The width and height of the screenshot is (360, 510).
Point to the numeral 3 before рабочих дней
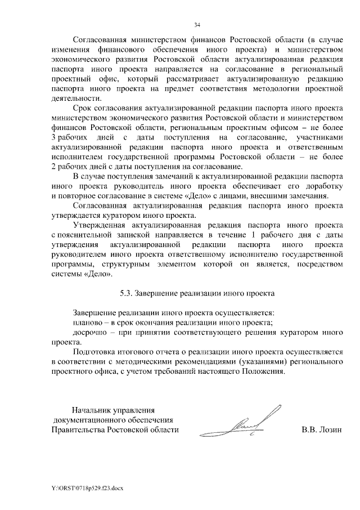(x=53, y=137)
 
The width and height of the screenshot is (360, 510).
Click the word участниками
(x=316, y=137)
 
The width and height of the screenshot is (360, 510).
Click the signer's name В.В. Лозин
(x=322, y=430)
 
